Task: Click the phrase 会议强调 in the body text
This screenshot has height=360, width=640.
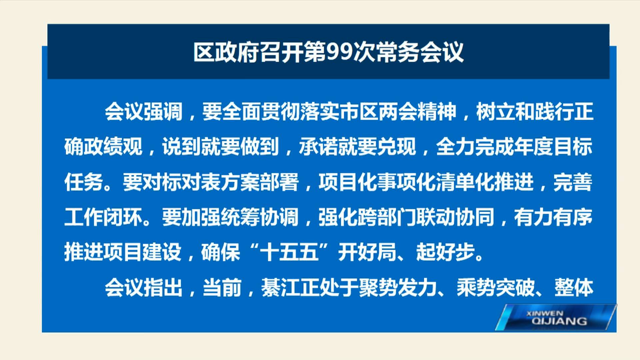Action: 144,111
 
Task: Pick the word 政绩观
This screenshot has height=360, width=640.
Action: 114,146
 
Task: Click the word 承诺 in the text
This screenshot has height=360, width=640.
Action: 318,146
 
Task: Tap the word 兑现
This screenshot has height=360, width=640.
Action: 397,146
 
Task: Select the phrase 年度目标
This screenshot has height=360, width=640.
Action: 553,146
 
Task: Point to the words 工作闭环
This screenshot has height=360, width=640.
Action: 104,217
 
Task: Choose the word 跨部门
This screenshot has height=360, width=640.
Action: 367,217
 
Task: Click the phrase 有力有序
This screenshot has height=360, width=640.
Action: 553,217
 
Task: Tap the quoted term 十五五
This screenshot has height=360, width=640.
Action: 289,252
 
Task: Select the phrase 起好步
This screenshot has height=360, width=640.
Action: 446,252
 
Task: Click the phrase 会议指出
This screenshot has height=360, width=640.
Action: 144,287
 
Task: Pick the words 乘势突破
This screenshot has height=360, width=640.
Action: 496,287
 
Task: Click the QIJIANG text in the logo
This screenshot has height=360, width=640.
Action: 559,321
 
